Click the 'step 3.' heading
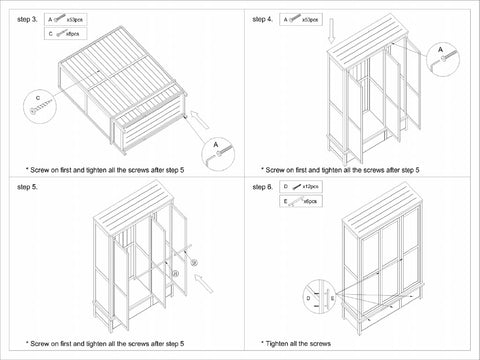(x=28, y=19)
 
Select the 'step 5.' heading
(x=28, y=187)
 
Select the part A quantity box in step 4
(x=302, y=19)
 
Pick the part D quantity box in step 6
(x=303, y=187)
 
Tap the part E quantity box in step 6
(x=303, y=201)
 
